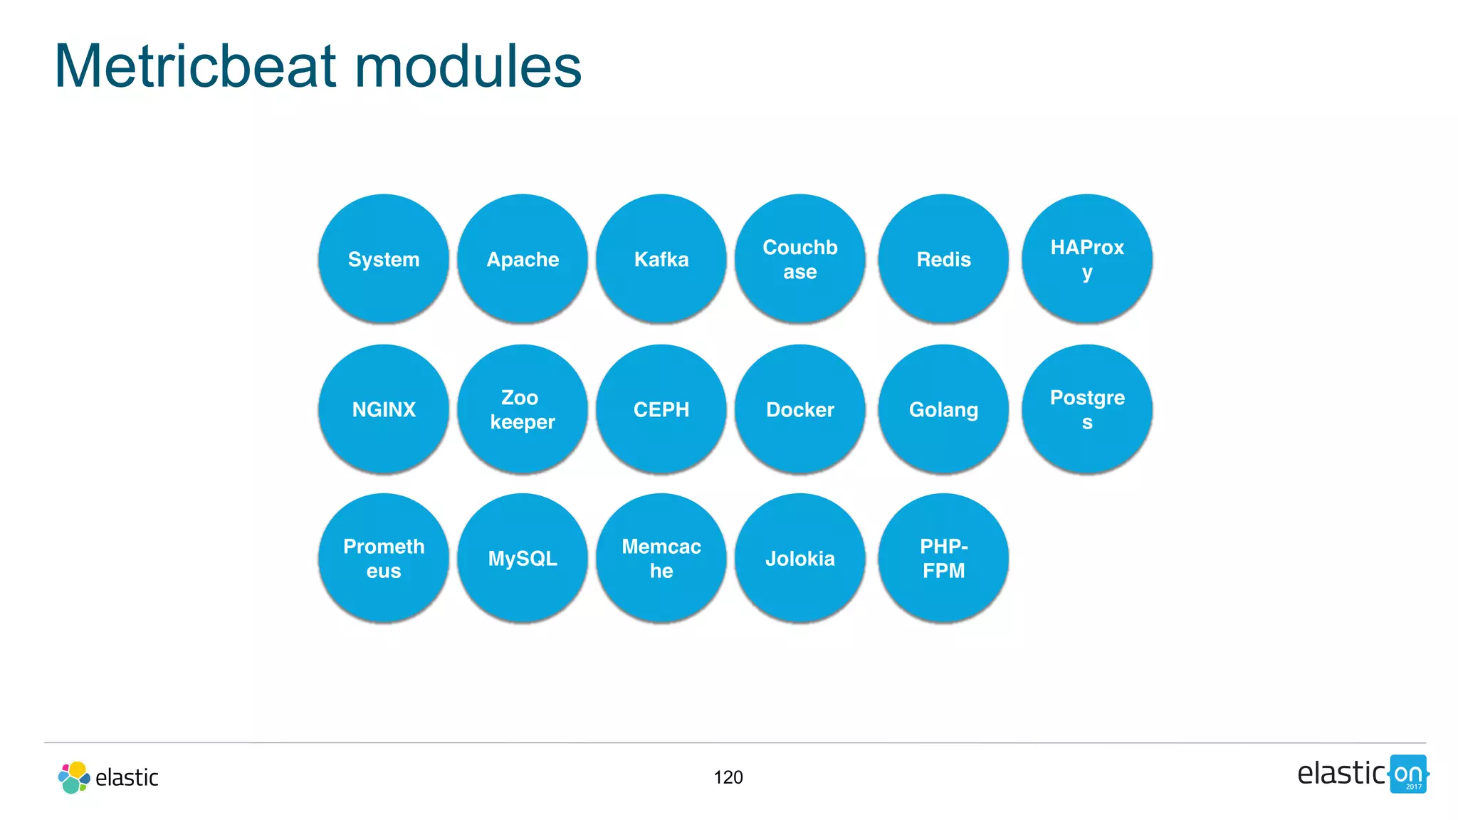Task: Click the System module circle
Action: [x=384, y=259]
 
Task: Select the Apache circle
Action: [x=523, y=259]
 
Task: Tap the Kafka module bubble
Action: [x=661, y=259]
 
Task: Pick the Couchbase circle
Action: [x=800, y=259]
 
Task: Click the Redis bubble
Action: [x=943, y=259]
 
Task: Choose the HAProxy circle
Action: [x=1087, y=259]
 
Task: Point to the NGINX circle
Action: [x=384, y=409]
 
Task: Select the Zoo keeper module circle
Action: [x=523, y=409]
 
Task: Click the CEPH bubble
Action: [x=661, y=409]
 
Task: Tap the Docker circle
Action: [x=800, y=409]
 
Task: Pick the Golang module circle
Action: [x=943, y=409]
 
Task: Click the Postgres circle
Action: [x=1087, y=409]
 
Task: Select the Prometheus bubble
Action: [x=384, y=558]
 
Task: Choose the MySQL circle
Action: [x=523, y=558]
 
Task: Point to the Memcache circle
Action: [x=661, y=558]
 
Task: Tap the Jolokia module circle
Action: [x=800, y=558]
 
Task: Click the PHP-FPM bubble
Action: [x=943, y=558]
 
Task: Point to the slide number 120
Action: [x=728, y=777]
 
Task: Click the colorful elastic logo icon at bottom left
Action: [x=73, y=777]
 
